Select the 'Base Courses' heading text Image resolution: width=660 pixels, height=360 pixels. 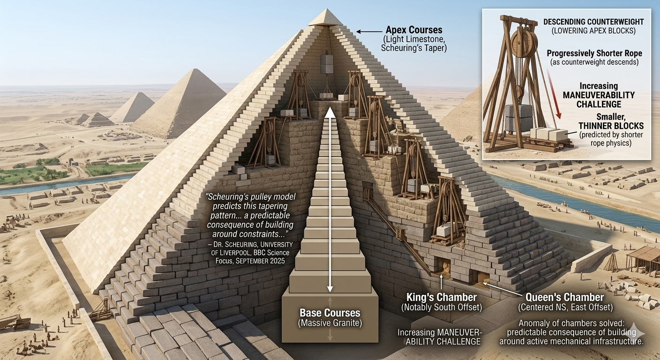tap(330, 313)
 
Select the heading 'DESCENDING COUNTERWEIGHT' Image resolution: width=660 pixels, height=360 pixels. tap(592, 22)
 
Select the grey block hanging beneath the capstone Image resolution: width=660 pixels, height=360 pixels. tap(327, 64)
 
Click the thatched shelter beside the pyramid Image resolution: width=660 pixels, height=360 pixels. tap(643, 256)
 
